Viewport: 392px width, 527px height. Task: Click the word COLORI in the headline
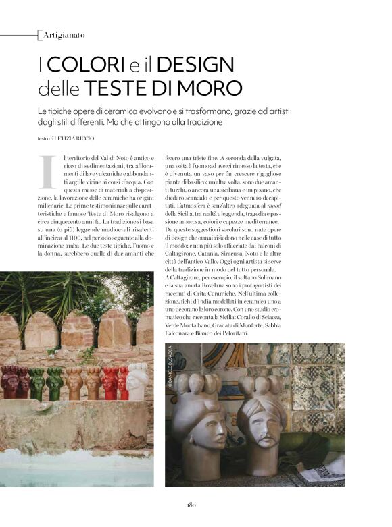pyautogui.click(x=86, y=65)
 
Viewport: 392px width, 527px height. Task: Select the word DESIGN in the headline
pyautogui.click(x=201, y=65)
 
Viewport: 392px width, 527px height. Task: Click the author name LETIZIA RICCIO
pyautogui.click(x=79, y=139)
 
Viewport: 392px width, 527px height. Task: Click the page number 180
pyautogui.click(x=191, y=503)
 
